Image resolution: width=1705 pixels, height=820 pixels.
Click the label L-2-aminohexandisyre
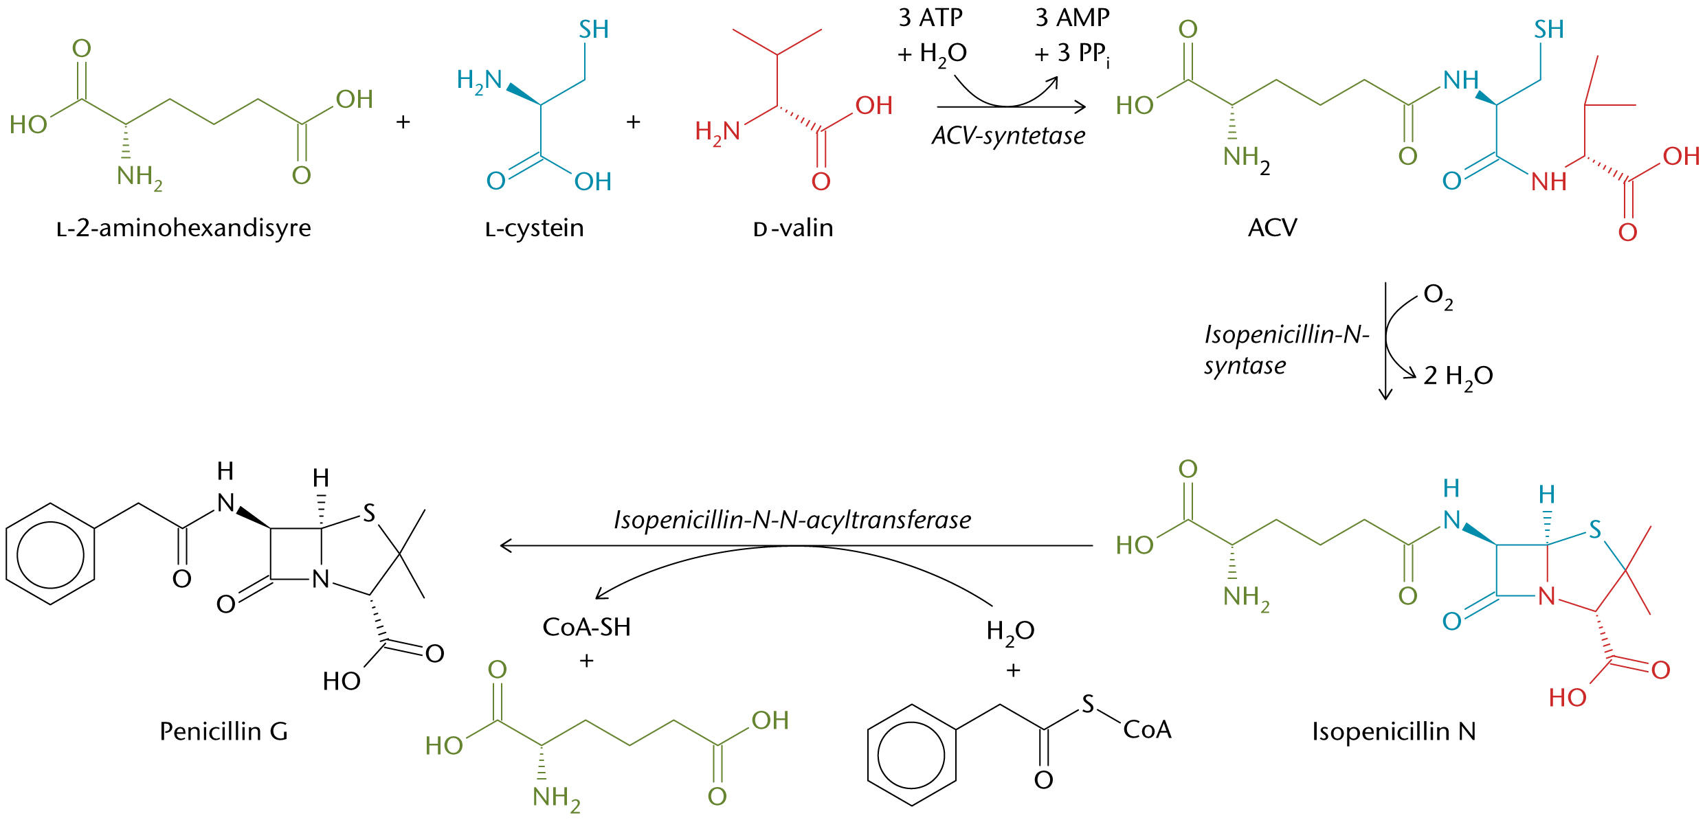click(x=183, y=227)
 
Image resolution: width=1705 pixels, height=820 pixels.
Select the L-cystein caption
click(x=534, y=227)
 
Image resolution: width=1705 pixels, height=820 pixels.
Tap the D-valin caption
click(x=793, y=227)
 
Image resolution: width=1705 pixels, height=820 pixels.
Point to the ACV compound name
click(x=1272, y=227)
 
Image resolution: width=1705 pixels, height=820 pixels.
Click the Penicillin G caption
click(x=223, y=731)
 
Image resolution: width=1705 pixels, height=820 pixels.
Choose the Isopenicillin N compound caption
click(x=1394, y=731)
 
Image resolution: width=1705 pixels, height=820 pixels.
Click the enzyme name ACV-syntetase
click(x=1008, y=136)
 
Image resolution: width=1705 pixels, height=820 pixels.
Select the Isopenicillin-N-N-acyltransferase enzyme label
click(x=792, y=520)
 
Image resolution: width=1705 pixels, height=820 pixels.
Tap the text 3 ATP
click(x=930, y=18)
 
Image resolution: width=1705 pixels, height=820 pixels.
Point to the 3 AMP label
click(x=1072, y=18)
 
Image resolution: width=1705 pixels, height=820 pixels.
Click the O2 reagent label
click(x=1438, y=296)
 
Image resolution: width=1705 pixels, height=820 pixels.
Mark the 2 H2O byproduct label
click(x=1458, y=376)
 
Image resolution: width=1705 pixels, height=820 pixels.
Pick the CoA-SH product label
click(x=586, y=627)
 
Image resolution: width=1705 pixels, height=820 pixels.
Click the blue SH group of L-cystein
click(x=594, y=30)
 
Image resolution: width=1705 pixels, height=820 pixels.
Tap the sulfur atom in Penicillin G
click(x=369, y=513)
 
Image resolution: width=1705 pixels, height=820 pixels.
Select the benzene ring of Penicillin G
click(x=50, y=554)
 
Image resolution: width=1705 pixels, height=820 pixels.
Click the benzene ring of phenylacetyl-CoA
click(x=912, y=755)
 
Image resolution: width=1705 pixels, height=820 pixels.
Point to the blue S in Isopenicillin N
click(x=1594, y=529)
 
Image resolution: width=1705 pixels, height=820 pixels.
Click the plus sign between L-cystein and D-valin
click(x=633, y=122)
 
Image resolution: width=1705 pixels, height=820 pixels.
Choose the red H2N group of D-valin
click(x=717, y=131)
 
